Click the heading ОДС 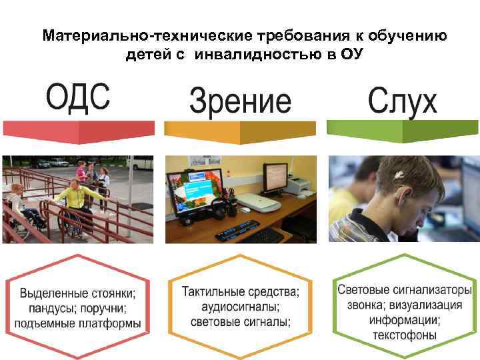coord(78,98)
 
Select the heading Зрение coord(240,102)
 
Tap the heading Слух coord(402,102)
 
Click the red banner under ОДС coord(78,129)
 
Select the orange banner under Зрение coord(240,131)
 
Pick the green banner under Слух coord(402,131)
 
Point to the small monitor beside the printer coord(274,177)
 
